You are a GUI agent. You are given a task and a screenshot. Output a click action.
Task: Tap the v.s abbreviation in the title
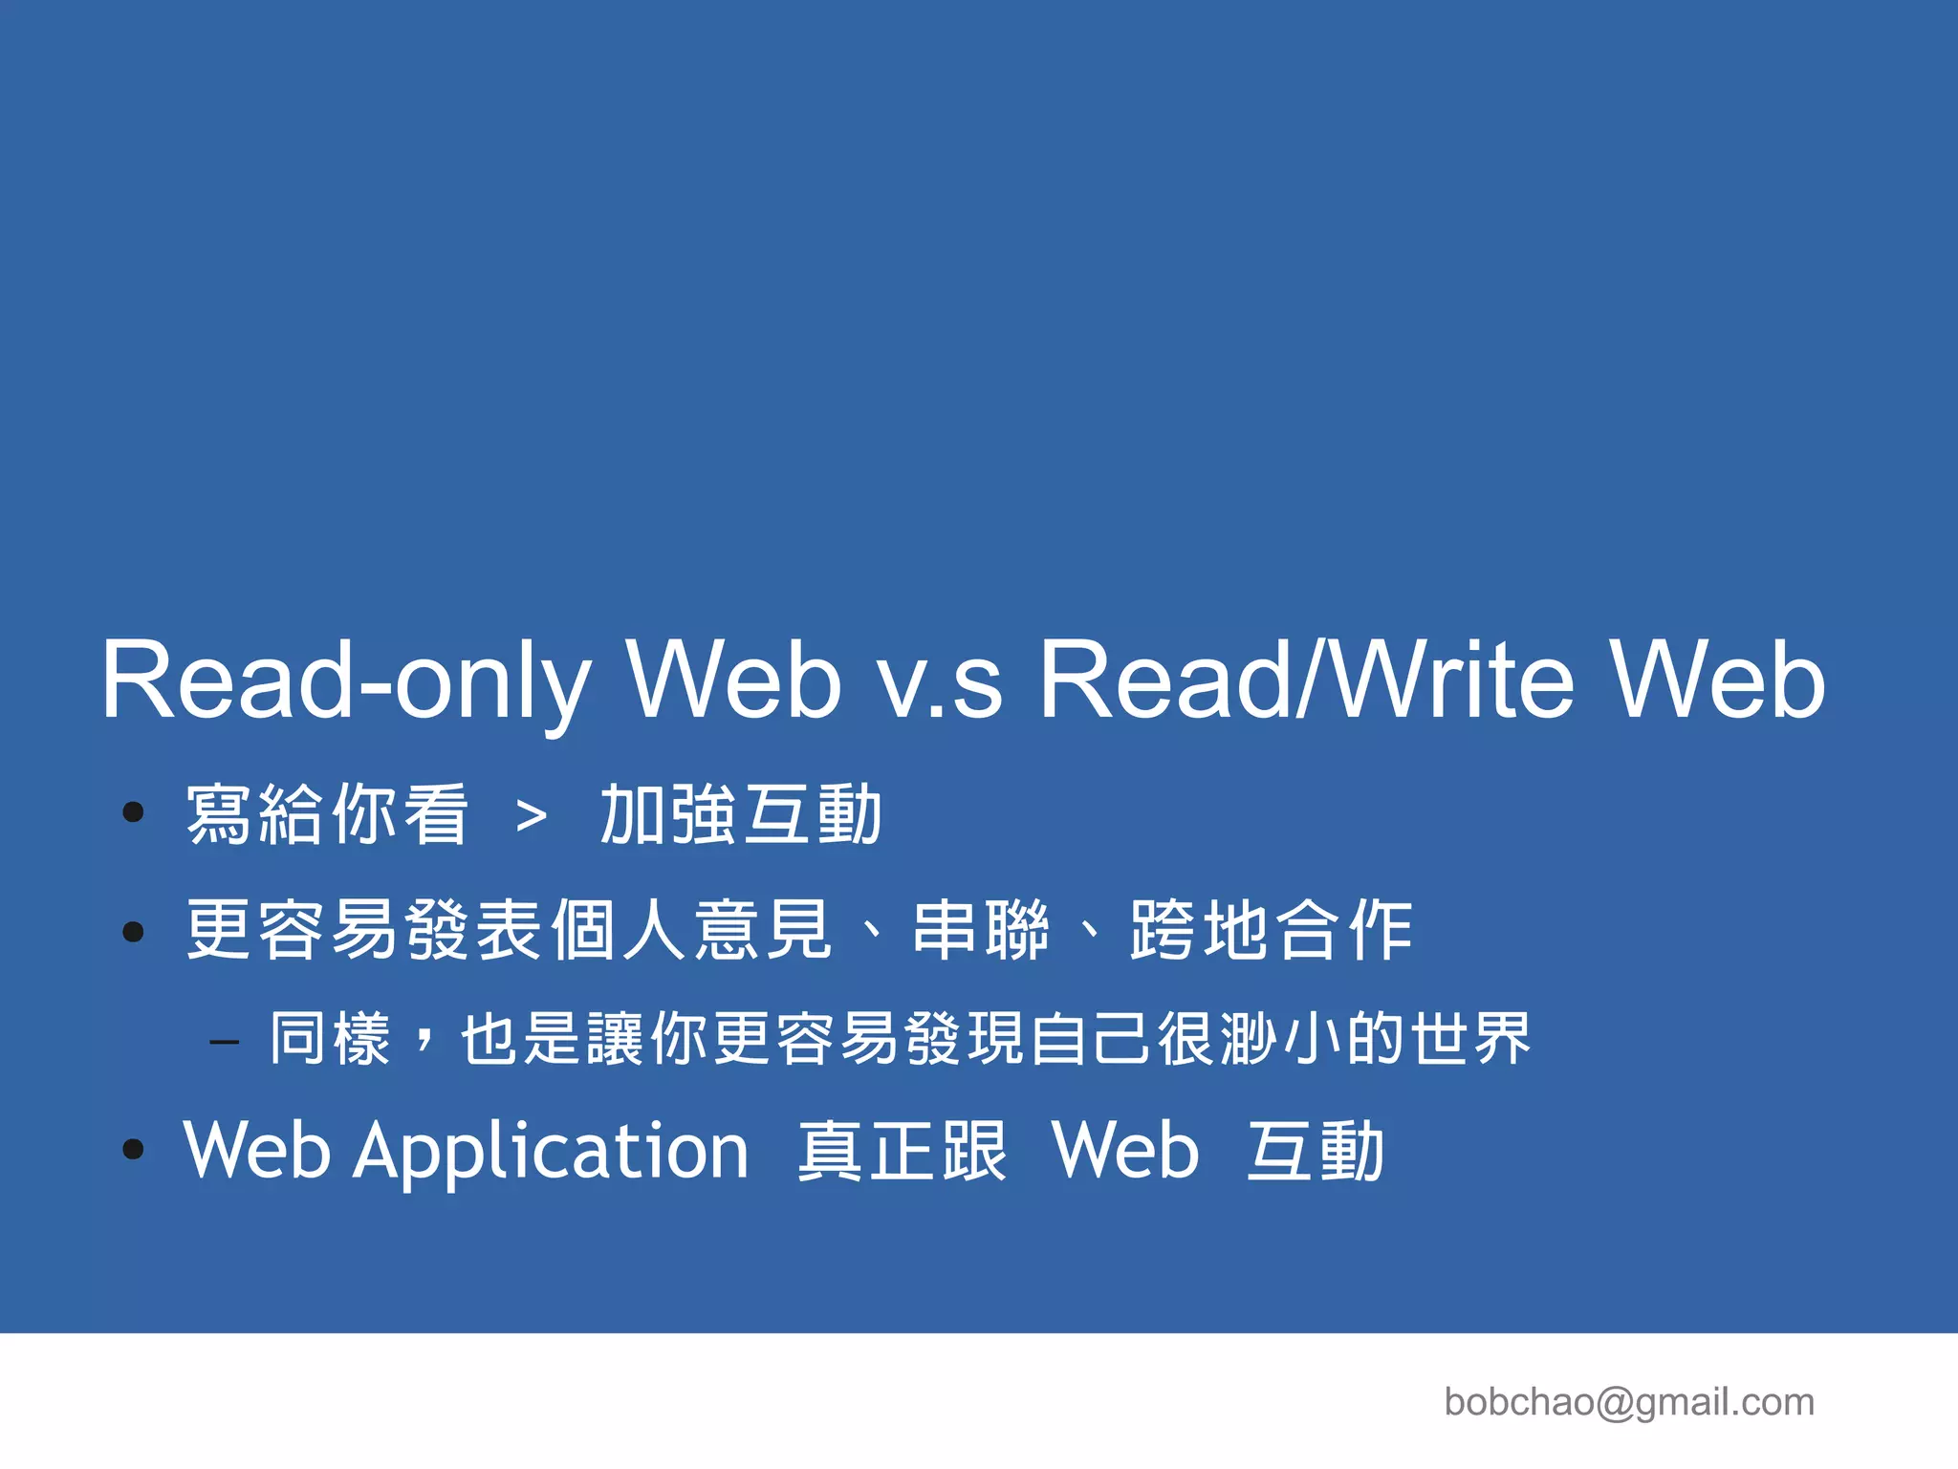941,680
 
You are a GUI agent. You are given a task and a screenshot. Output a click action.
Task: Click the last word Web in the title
1717,680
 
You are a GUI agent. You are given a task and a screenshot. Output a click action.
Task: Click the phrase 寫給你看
327,815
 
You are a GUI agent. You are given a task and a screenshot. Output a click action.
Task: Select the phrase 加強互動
740,815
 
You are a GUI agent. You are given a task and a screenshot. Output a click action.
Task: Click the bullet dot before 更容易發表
134,932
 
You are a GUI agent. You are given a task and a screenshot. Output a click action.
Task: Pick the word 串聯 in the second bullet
981,930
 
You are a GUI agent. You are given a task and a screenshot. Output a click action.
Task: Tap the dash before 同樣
225,1042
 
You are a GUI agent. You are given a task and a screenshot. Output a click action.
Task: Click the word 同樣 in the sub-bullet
330,1039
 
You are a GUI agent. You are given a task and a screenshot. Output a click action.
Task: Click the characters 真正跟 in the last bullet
903,1152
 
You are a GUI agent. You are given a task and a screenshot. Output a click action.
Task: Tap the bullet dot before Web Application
134,1150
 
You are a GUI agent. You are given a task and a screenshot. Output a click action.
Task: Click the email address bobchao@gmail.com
1629,1402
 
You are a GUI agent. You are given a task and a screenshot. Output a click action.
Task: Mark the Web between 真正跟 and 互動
1125,1152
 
